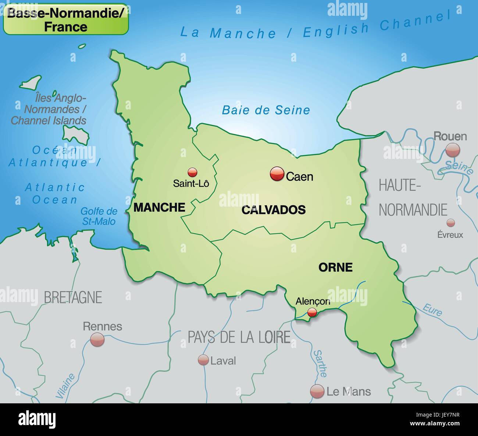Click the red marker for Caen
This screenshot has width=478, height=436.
[x=277, y=174]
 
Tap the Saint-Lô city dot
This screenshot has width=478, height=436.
[x=192, y=172]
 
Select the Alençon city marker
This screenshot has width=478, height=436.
[x=312, y=312]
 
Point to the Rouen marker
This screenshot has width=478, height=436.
[x=453, y=150]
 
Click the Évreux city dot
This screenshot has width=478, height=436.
[x=450, y=222]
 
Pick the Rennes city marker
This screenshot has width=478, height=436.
[x=97, y=339]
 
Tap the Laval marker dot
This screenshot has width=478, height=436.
[x=203, y=360]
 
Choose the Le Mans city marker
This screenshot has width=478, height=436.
[x=317, y=391]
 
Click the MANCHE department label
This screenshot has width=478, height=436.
[x=159, y=207]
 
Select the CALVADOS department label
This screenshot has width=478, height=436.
[x=274, y=210]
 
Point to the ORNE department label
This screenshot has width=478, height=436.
[x=335, y=267]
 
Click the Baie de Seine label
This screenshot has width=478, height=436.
[x=266, y=110]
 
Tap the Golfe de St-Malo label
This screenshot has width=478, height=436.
[x=99, y=216]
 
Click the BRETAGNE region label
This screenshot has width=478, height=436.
[x=73, y=297]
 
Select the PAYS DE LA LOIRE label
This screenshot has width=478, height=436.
[x=239, y=337]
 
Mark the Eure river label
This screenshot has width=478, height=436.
[x=432, y=310]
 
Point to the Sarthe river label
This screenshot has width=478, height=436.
[x=320, y=363]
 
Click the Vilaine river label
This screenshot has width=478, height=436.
[x=65, y=386]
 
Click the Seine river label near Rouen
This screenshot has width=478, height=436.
[x=459, y=167]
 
